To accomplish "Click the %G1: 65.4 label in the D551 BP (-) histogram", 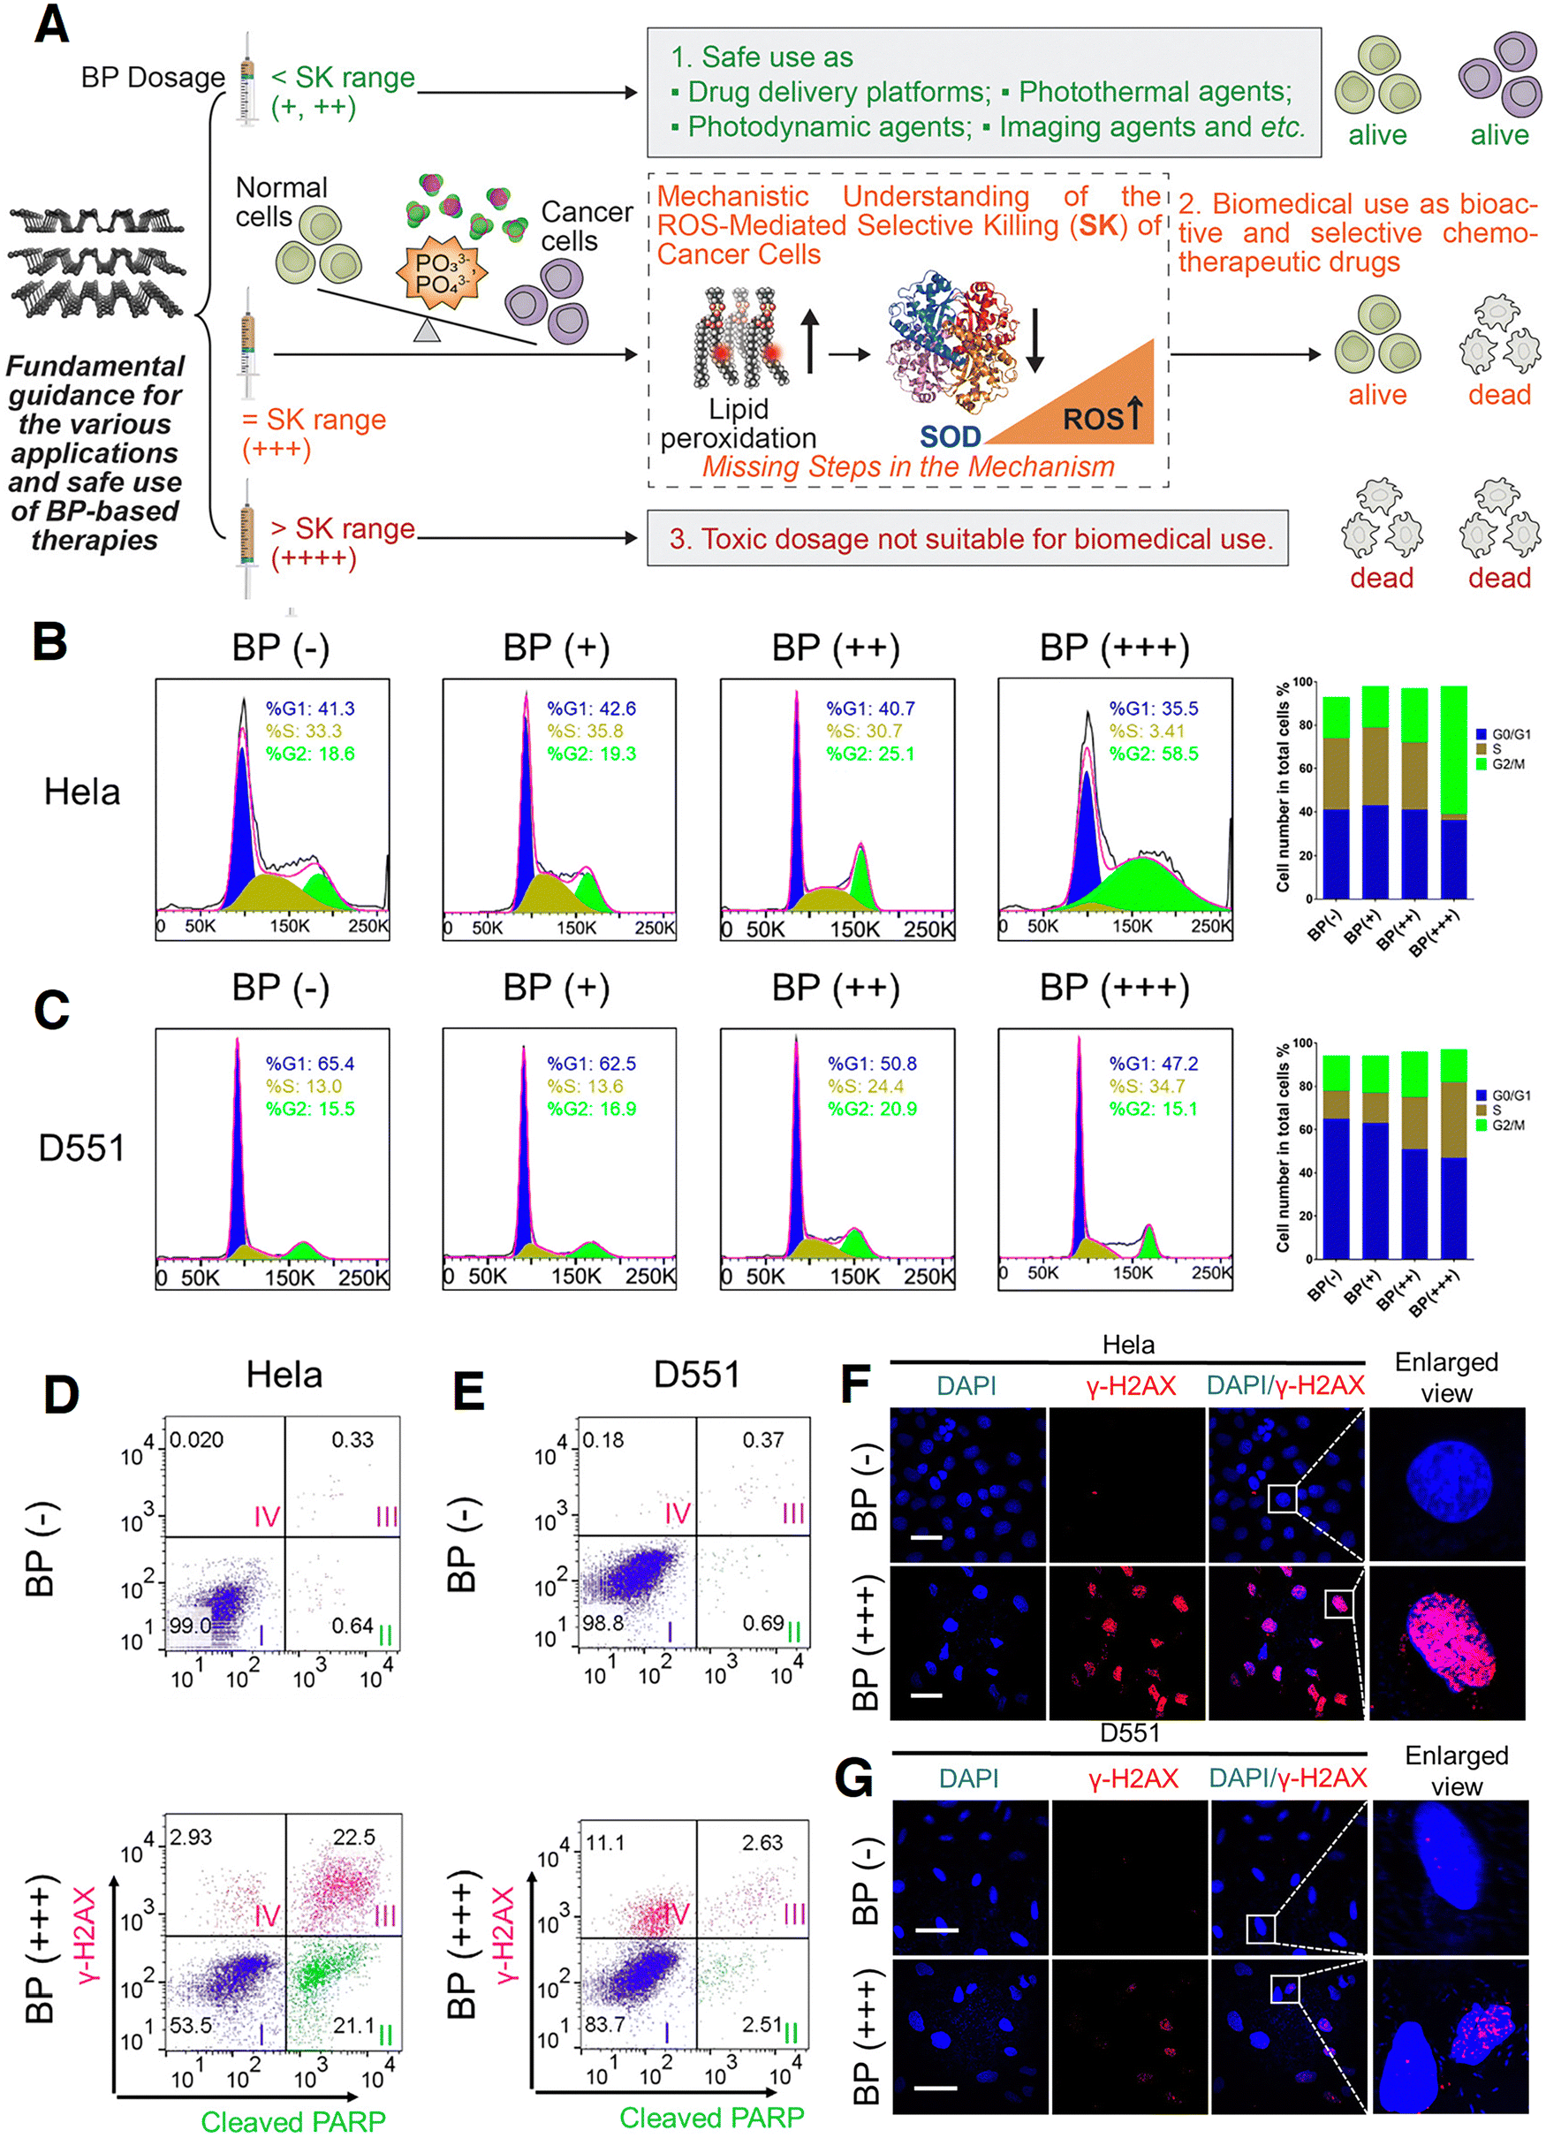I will click(x=309, y=1064).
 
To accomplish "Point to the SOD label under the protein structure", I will click(x=951, y=436).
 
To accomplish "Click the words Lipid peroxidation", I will click(x=739, y=423).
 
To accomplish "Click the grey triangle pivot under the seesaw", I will click(x=427, y=330).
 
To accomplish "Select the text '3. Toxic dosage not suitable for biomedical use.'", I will click(x=971, y=538).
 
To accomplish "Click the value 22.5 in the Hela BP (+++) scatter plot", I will click(x=353, y=1838).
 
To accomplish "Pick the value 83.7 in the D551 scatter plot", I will click(x=604, y=2024).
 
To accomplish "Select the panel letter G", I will click(x=853, y=1778).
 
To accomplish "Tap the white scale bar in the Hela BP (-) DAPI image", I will click(x=927, y=1537).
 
